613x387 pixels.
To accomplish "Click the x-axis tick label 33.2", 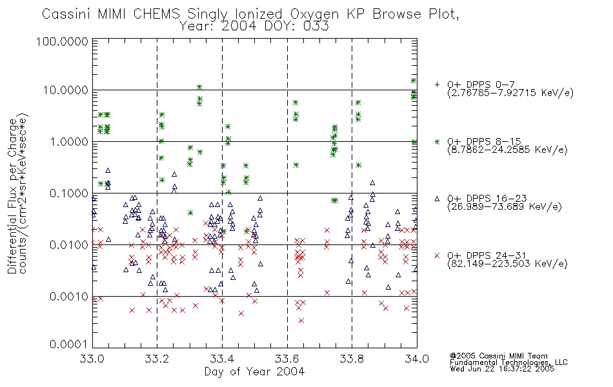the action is (x=157, y=359).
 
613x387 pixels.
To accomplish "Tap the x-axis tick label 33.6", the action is (x=287, y=359).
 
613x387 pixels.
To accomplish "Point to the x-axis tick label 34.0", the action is (x=417, y=359).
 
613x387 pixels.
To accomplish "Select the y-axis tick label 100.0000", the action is (x=62, y=41).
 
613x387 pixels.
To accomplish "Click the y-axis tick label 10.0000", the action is (x=66, y=90).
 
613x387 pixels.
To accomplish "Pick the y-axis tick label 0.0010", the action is (x=69, y=297).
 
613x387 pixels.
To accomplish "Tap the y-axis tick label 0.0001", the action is (x=69, y=344).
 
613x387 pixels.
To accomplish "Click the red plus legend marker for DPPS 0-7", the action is (x=437, y=84).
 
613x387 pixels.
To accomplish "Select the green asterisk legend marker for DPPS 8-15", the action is (x=437, y=141).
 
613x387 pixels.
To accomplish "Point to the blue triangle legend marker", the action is (x=437, y=199).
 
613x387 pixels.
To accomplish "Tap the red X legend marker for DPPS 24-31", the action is (x=437, y=255).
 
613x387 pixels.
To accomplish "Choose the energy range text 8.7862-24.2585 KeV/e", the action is (x=507, y=150).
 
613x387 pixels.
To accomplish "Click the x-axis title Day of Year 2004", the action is (x=254, y=372).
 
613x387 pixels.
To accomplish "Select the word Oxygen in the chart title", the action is (x=315, y=14).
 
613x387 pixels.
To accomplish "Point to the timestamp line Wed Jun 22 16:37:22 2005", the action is (x=502, y=369).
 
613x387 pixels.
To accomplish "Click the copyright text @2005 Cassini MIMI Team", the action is (x=498, y=356).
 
